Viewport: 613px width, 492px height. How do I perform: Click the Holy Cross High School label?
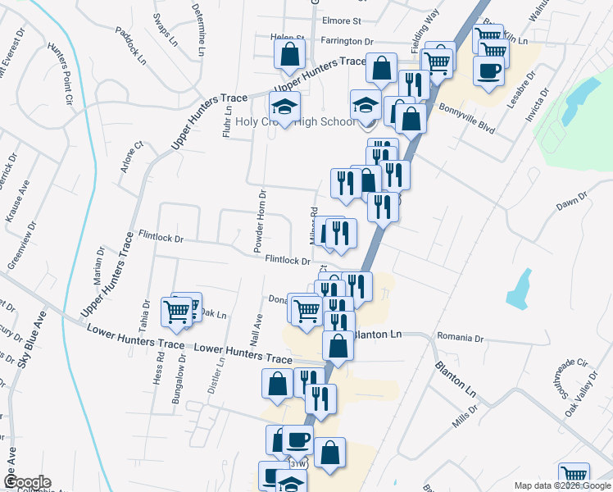click(x=295, y=121)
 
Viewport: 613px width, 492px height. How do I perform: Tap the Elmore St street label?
click(x=343, y=20)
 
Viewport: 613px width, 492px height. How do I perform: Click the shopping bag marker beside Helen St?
click(x=290, y=55)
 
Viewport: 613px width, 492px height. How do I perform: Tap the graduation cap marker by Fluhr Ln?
click(x=285, y=107)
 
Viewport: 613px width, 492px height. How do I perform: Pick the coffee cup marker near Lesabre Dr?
click(x=488, y=71)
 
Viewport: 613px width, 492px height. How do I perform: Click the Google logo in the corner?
click(x=26, y=482)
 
